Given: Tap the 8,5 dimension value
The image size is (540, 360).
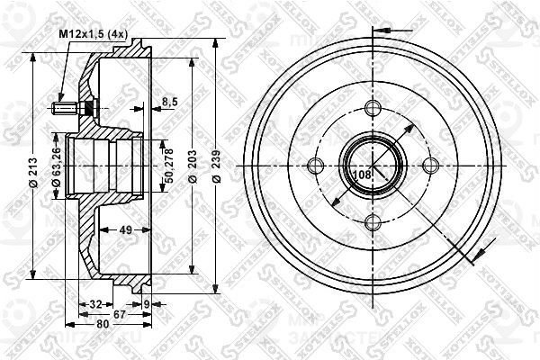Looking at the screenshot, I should (168, 102).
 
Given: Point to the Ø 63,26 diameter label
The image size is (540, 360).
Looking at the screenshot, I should (57, 168).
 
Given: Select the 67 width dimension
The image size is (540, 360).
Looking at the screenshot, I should (118, 314).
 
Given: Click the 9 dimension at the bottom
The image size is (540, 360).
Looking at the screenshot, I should (147, 304).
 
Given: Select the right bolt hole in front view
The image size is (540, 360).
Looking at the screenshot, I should (429, 165).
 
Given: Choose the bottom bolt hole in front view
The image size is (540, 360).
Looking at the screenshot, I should (372, 222).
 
